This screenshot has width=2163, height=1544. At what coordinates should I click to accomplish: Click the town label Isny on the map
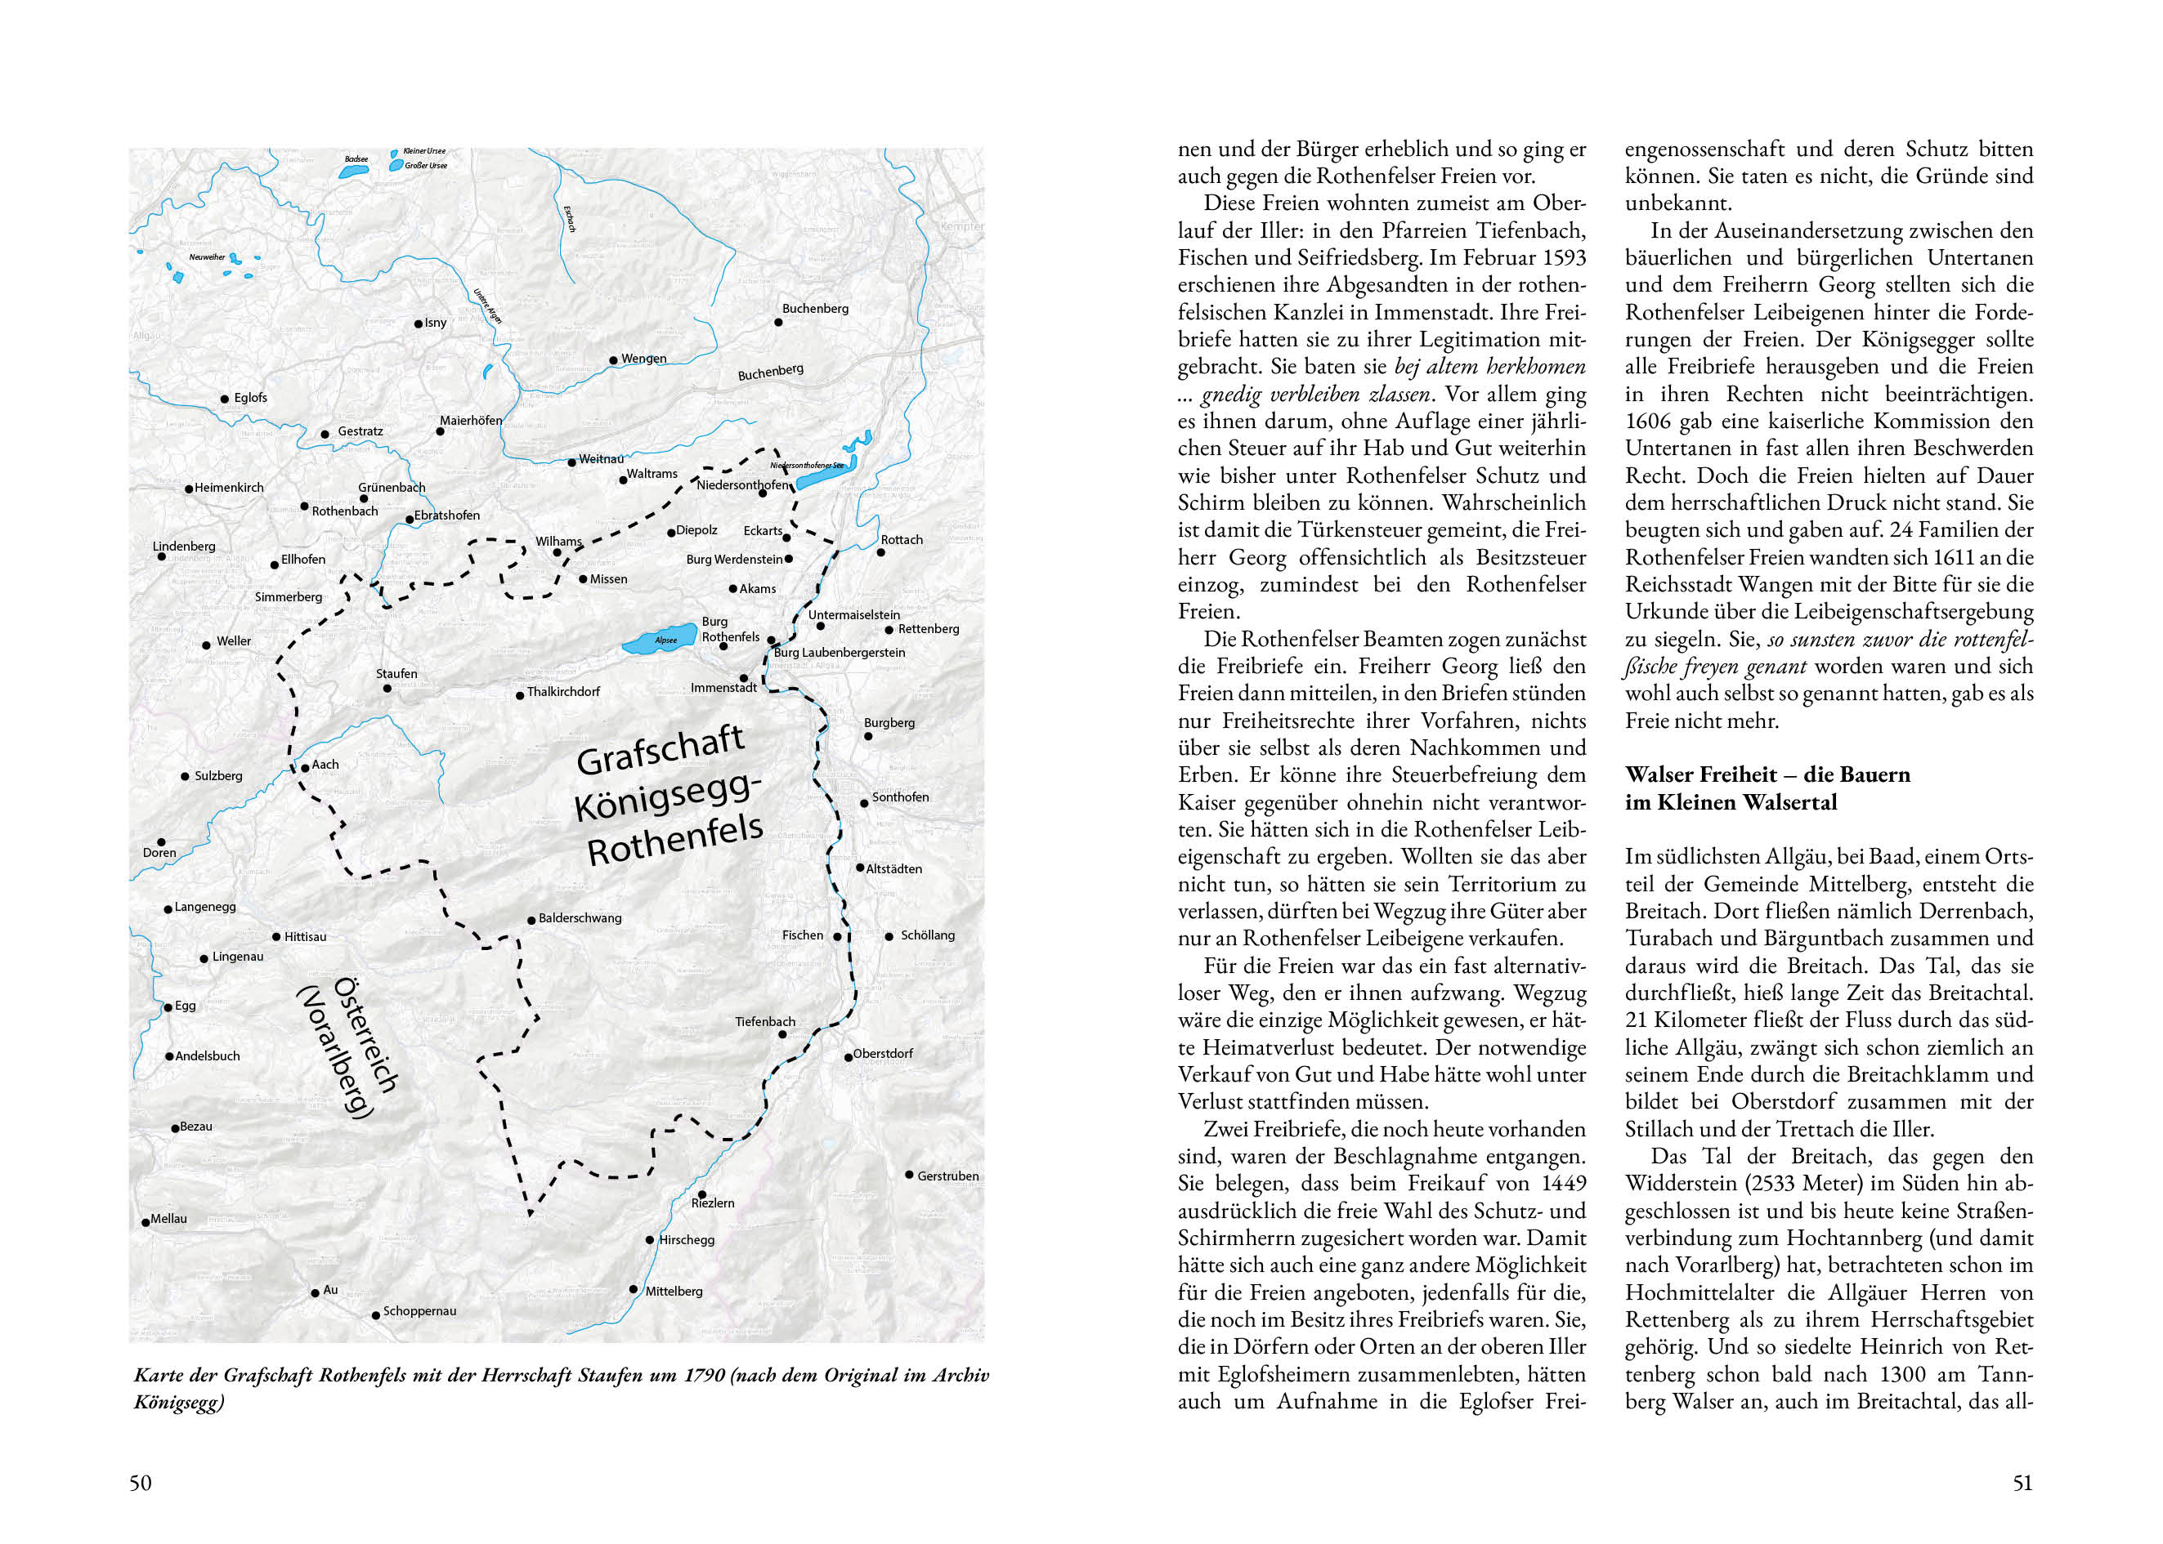tap(435, 323)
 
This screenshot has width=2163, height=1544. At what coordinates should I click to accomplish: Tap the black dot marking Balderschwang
tap(531, 921)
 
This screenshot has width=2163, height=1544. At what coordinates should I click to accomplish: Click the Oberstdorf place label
tap(883, 1053)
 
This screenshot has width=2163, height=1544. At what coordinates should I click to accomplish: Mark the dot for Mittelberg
tap(634, 1289)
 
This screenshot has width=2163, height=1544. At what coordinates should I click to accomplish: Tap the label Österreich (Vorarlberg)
tap(347, 1047)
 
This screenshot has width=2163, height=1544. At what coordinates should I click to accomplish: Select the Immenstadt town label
tap(723, 687)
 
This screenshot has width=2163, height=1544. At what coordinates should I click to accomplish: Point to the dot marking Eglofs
tap(226, 399)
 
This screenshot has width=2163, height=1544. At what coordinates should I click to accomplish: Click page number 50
tap(140, 1484)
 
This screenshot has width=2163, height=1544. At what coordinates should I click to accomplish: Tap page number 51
tap(2022, 1484)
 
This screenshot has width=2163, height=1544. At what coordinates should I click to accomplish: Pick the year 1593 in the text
tap(1563, 257)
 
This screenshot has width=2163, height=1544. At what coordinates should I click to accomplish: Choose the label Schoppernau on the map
tap(419, 1311)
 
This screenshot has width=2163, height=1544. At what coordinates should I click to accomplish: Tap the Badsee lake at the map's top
tap(353, 172)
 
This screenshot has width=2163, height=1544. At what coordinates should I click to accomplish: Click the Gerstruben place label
tap(947, 1176)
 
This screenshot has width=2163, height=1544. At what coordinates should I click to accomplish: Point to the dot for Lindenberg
tap(162, 556)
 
